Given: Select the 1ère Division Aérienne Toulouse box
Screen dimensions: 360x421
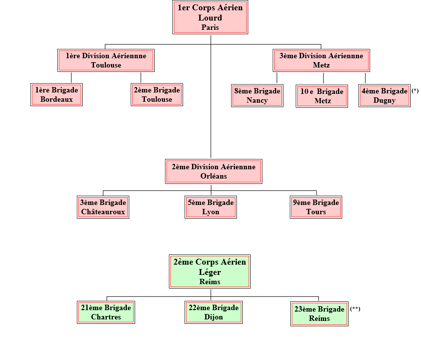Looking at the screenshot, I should point(106,60).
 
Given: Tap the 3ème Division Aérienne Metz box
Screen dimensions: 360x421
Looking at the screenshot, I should point(321,60).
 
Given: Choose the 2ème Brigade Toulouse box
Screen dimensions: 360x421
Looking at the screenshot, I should point(157,95).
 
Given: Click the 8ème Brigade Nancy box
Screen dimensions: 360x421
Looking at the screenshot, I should point(257,95).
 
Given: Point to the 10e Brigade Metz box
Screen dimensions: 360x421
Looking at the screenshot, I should point(323,96).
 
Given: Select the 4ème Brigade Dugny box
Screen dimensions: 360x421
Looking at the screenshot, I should point(384,95).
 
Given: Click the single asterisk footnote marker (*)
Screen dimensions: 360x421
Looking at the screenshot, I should point(415,91).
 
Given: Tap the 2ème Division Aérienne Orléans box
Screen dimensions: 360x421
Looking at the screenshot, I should point(213,171).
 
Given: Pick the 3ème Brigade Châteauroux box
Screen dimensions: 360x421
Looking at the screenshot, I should point(103,207).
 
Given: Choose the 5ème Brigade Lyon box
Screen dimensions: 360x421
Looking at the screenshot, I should point(210,207).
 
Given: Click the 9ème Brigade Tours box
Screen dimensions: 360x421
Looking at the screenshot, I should point(316,207).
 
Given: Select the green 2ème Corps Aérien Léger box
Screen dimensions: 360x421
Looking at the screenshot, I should point(210,271).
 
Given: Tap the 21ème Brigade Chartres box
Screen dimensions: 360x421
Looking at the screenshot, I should point(106,312).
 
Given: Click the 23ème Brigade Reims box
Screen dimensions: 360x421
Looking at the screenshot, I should point(319,314).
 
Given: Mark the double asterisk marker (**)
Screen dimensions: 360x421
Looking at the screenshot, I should point(355,309).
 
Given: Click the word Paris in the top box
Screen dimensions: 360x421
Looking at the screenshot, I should point(210,27).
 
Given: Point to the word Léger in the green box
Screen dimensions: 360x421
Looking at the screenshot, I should point(210,272).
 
